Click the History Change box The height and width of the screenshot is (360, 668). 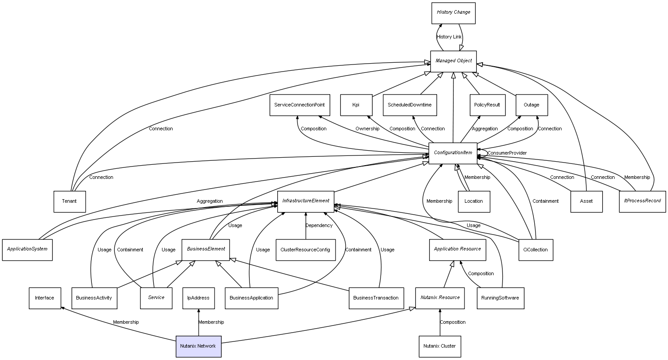click(453, 13)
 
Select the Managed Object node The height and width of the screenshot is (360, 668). click(453, 61)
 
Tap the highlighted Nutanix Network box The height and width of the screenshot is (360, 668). click(198, 346)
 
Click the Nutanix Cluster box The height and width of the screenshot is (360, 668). click(440, 346)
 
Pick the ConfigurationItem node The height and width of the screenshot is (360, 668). click(453, 153)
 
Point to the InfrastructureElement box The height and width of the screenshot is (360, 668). click(306, 201)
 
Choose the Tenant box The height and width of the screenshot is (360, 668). click(69, 201)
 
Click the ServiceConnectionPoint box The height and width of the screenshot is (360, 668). click(299, 105)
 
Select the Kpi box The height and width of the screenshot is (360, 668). click(356, 105)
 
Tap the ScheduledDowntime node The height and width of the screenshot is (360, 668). click(410, 105)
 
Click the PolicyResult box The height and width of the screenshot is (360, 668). click(487, 105)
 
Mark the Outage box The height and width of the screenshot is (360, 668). click(532, 105)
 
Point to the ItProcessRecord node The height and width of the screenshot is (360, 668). click(642, 201)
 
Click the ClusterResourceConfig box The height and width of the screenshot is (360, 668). click(305, 250)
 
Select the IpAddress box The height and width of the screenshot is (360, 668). click(198, 298)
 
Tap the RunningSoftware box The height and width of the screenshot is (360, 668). click(500, 298)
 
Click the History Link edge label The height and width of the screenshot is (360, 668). click(449, 37)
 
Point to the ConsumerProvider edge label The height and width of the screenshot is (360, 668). click(507, 153)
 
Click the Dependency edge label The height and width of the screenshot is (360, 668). click(319, 226)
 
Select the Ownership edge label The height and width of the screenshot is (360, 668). click(367, 129)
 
